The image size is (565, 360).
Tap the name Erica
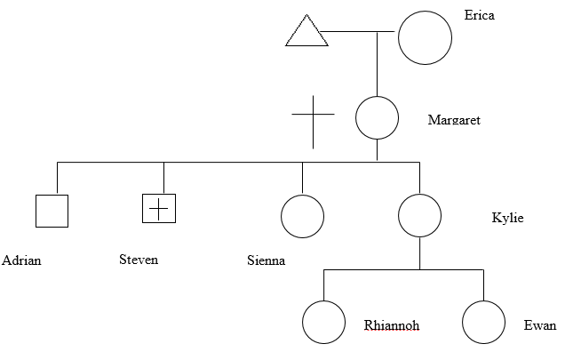click(479, 15)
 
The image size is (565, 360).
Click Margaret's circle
click(377, 117)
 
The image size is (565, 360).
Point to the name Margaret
click(454, 120)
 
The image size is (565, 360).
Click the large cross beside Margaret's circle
click(313, 116)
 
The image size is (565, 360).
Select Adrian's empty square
click(52, 211)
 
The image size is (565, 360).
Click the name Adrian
click(22, 261)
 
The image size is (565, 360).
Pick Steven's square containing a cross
click(158, 208)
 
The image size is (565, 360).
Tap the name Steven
click(139, 260)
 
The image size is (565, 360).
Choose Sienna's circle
click(302, 216)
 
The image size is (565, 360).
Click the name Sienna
click(266, 261)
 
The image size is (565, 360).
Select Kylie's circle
click(419, 216)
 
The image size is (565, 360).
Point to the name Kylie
click(507, 218)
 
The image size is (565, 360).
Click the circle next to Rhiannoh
click(323, 322)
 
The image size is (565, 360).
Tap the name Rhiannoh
click(391, 325)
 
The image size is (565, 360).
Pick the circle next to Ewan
click(483, 322)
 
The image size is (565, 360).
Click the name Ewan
click(540, 325)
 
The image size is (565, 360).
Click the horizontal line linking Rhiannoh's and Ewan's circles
click(403, 269)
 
